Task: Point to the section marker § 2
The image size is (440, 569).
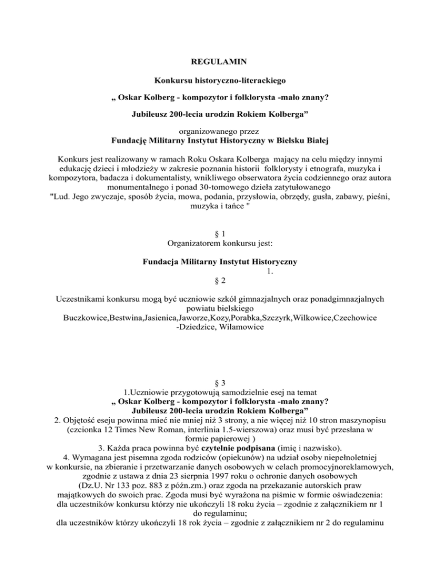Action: tap(219, 281)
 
